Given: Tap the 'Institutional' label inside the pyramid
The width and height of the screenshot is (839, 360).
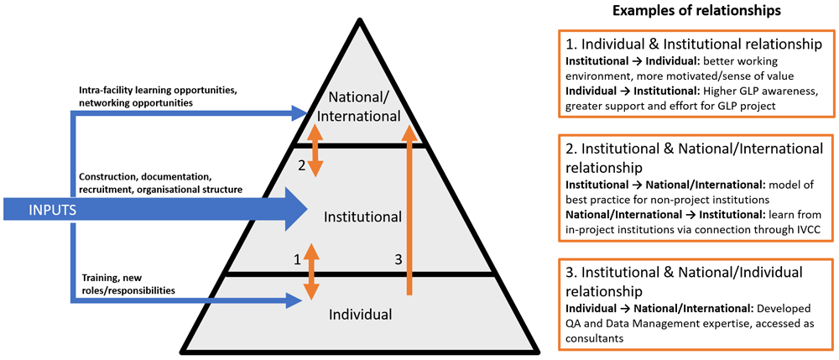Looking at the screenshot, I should click(x=362, y=217).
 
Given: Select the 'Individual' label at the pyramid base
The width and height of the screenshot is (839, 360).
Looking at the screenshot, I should click(x=361, y=315).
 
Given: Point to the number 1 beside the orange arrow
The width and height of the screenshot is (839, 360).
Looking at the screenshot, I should click(x=296, y=260).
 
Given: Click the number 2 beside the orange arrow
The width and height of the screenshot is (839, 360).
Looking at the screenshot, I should click(x=300, y=164).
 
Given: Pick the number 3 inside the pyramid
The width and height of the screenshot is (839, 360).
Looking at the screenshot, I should click(x=397, y=260).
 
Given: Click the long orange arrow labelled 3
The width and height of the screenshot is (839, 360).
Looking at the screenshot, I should click(x=409, y=210).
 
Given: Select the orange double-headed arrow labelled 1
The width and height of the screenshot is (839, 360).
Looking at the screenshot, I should click(x=311, y=271).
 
